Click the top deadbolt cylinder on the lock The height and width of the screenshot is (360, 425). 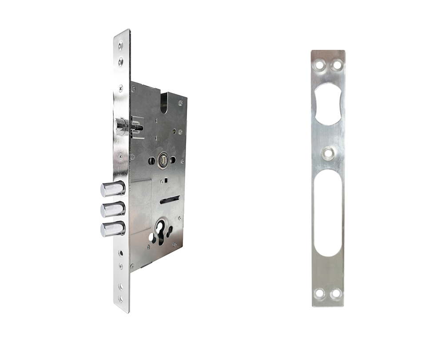click(x=112, y=189)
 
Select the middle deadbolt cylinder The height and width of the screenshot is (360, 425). click(x=112, y=209)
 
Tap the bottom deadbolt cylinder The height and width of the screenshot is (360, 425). click(x=112, y=229)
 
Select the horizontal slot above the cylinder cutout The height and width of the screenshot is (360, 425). click(x=170, y=200)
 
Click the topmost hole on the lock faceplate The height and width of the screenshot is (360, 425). click(x=121, y=44)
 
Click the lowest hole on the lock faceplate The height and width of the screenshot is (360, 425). click(x=120, y=299)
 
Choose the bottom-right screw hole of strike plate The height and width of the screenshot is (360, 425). click(x=336, y=294)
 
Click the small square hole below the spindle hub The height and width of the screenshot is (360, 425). click(x=165, y=180)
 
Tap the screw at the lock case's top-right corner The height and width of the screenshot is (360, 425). click(x=180, y=103)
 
